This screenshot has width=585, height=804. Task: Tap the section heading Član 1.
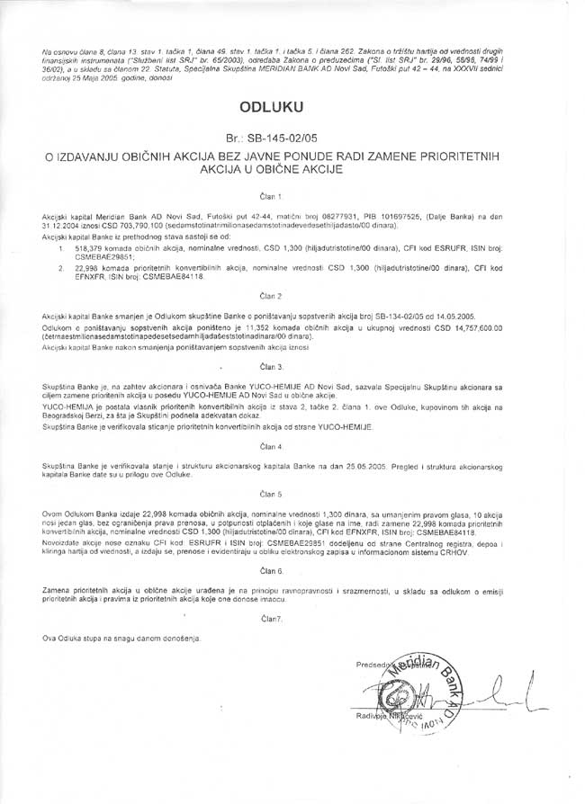[271, 194]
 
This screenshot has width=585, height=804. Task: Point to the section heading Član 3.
[271, 367]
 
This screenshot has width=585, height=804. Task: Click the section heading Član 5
[271, 494]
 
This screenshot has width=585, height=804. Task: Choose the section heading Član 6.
[271, 570]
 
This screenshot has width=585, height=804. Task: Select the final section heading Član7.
[271, 619]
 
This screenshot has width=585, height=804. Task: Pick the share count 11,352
[234, 328]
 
